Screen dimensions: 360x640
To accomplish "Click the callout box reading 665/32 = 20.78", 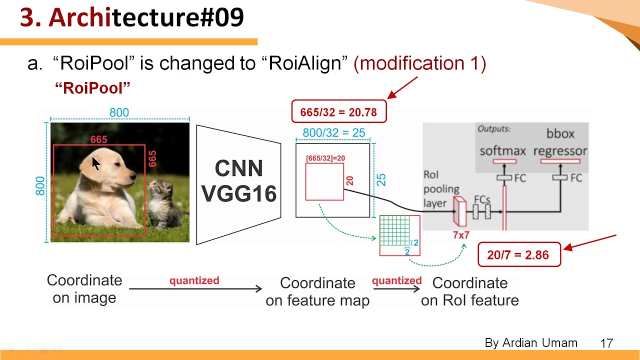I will (x=338, y=112).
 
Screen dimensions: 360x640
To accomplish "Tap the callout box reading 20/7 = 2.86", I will (x=518, y=255).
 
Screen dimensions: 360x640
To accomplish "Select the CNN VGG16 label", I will (x=239, y=181).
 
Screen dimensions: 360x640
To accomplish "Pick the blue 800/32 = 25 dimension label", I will (x=333, y=133).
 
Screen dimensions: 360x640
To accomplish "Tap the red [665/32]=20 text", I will (x=325, y=158).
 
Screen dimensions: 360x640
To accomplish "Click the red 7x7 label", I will (x=461, y=235).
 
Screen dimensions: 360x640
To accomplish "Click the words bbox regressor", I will (x=560, y=142).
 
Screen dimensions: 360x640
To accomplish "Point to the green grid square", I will (x=394, y=230).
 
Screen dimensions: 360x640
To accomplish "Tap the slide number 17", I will (x=606, y=343).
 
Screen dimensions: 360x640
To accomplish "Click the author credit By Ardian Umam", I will (x=531, y=343).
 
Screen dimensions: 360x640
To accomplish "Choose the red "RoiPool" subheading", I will (x=92, y=88).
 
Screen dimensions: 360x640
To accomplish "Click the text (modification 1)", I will (x=419, y=63).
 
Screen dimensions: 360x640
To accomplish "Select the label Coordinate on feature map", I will (x=317, y=291).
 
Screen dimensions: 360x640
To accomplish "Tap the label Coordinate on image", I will (x=84, y=289).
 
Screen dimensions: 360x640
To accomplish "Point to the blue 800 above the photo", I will (x=119, y=112).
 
